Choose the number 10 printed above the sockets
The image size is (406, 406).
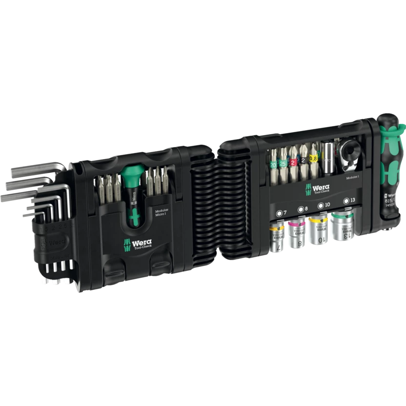(x=327, y=205)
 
